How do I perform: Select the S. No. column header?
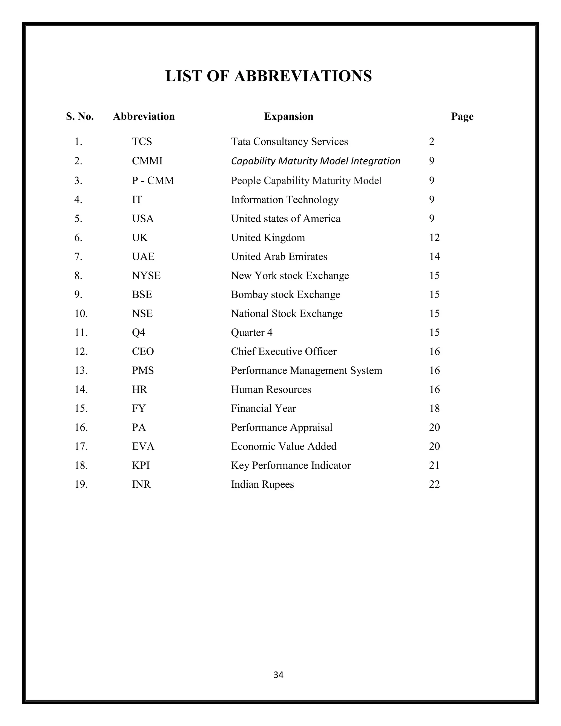(x=80, y=116)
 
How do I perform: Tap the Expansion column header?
(x=288, y=116)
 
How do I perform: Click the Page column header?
(x=462, y=116)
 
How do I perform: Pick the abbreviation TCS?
(x=142, y=142)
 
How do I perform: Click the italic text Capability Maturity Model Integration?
(x=315, y=161)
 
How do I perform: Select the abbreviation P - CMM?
(x=153, y=181)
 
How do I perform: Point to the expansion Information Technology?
(x=285, y=199)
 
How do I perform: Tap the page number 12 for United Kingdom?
(x=434, y=238)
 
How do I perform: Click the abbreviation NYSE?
(x=146, y=276)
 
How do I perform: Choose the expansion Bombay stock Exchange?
(x=285, y=295)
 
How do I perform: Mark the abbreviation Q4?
(x=139, y=332)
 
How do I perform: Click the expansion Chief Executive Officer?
(x=284, y=351)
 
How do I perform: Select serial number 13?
(x=81, y=370)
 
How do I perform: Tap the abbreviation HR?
(x=139, y=389)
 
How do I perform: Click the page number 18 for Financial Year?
(x=434, y=408)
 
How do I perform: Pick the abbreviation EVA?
(x=143, y=446)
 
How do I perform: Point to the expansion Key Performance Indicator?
(x=290, y=465)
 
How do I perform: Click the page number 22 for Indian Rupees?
(x=434, y=484)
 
